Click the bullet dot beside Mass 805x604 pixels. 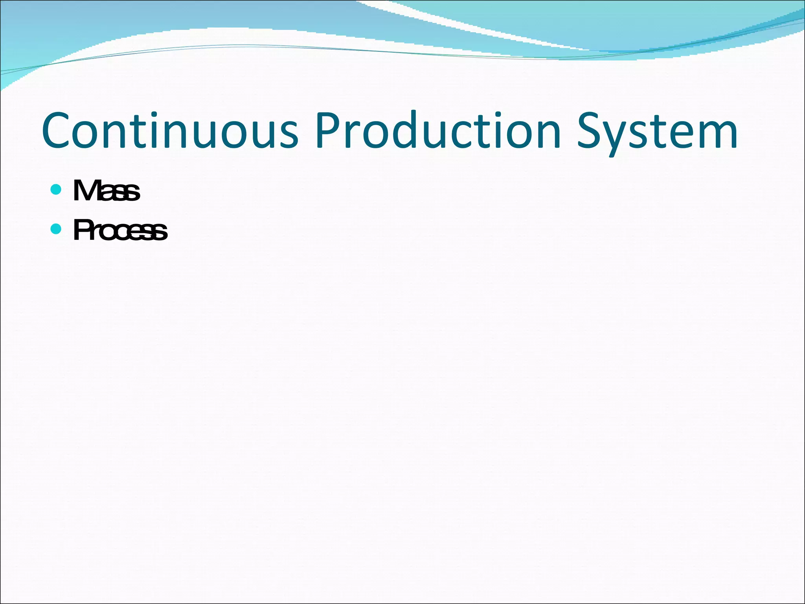pyautogui.click(x=56, y=190)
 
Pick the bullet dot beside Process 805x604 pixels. pyautogui.click(x=56, y=228)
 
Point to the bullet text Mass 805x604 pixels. pyautogui.click(x=107, y=191)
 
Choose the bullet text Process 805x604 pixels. pyautogui.click(x=120, y=230)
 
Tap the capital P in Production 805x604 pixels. pyautogui.click(x=327, y=131)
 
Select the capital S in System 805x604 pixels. pyautogui.click(x=590, y=131)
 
